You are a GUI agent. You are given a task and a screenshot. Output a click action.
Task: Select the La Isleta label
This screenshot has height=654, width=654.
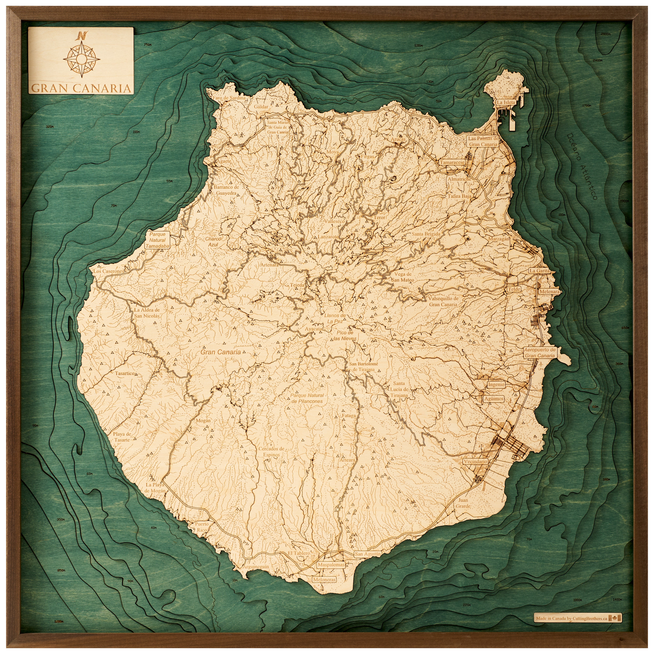[x=506, y=102]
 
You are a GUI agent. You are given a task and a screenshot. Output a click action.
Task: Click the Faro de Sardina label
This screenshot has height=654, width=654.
[x=229, y=98]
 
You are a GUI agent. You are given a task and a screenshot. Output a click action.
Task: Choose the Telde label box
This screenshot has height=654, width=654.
[x=514, y=289]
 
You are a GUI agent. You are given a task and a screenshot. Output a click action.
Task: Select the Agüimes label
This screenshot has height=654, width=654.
[x=494, y=399]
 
